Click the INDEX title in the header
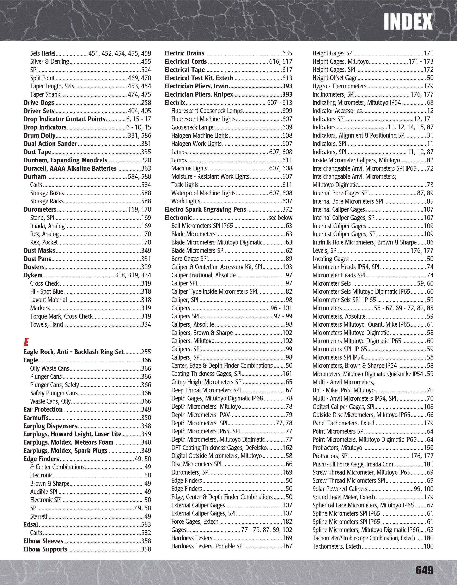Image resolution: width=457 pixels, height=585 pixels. (x=408, y=22)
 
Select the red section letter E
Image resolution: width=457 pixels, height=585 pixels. (x=26, y=342)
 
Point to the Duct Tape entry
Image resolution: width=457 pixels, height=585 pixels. (x=37, y=152)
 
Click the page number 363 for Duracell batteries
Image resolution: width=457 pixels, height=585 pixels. (x=146, y=168)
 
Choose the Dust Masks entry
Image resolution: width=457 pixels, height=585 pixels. (x=39, y=251)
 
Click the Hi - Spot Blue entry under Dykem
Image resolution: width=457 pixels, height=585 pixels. (x=47, y=292)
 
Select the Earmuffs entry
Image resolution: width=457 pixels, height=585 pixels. (x=36, y=418)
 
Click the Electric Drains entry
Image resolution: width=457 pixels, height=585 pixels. (x=184, y=53)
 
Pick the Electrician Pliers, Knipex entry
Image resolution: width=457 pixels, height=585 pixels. (x=199, y=95)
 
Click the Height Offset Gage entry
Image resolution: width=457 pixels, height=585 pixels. (x=335, y=78)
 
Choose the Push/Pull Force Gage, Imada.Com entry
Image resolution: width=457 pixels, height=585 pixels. (x=353, y=464)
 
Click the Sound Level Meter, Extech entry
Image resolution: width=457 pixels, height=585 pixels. (x=344, y=497)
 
